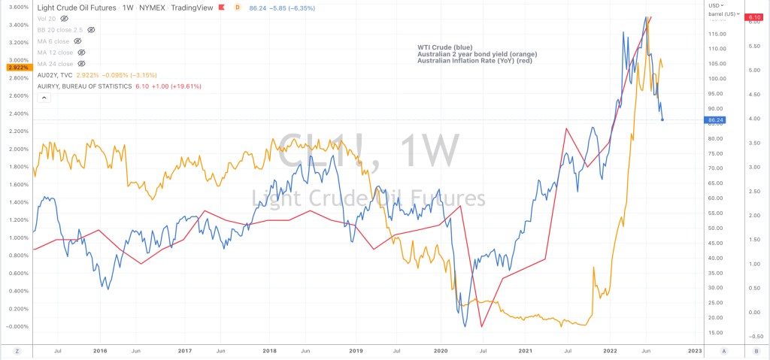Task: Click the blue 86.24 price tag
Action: pyautogui.click(x=715, y=120)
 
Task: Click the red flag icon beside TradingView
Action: pyautogui.click(x=221, y=7)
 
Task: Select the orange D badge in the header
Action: pyautogui.click(x=238, y=7)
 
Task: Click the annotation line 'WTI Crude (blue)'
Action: pyautogui.click(x=445, y=47)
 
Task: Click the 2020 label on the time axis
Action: pyautogui.click(x=441, y=350)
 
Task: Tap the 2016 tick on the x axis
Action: pyautogui.click(x=99, y=350)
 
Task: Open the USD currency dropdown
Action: pyautogui.click(x=714, y=5)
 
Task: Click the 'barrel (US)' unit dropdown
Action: pyautogui.click(x=721, y=14)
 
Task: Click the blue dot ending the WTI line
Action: pyautogui.click(x=662, y=120)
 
